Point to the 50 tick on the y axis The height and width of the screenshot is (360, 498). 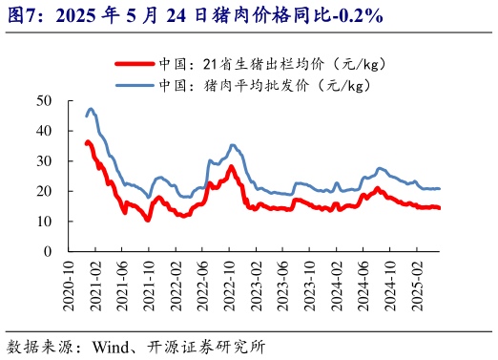click(x=44, y=100)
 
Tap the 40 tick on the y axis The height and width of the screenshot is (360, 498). click(x=44, y=131)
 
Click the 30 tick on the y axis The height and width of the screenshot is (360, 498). click(x=44, y=160)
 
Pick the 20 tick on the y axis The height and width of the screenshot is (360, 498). click(x=44, y=191)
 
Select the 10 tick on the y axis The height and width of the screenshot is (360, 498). click(x=44, y=222)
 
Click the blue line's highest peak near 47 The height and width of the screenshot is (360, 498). click(x=91, y=109)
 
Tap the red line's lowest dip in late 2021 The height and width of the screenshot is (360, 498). click(x=148, y=220)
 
